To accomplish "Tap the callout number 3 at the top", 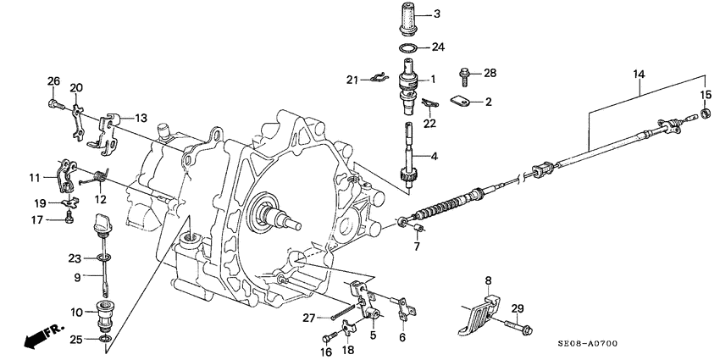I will point(437,14).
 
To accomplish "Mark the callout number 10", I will point(76,313).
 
